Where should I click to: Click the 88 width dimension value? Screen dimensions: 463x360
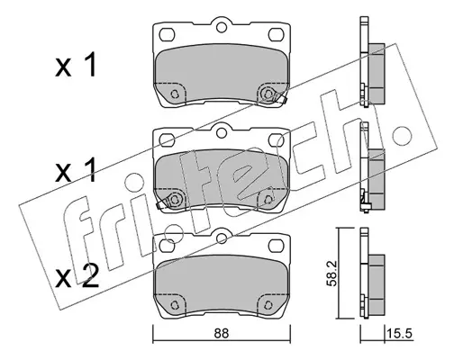click(222, 333)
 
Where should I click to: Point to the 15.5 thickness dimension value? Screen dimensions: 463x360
click(400, 333)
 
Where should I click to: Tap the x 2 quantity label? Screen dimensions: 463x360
click(77, 277)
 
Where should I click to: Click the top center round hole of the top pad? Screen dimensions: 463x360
click(222, 28)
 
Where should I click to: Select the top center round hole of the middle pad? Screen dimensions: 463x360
click(222, 133)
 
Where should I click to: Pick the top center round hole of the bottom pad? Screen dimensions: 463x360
click(222, 238)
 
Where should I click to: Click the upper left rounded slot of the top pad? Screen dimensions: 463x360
click(167, 34)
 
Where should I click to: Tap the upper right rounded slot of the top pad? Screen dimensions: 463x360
click(276, 34)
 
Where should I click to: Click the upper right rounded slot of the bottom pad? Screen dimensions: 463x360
click(276, 246)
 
